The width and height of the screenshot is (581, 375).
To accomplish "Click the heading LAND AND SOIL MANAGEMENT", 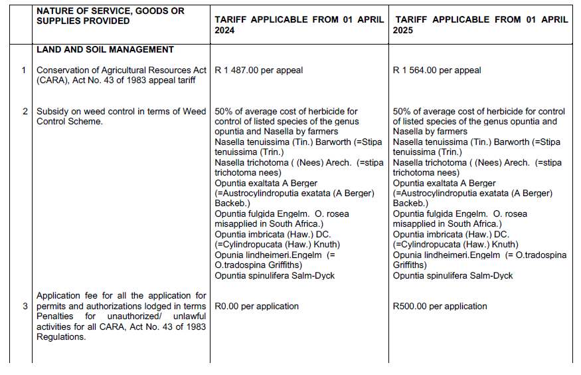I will coord(105,50).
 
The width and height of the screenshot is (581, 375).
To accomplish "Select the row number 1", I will coord(23,70).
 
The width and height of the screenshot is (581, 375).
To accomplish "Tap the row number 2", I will coord(23,112).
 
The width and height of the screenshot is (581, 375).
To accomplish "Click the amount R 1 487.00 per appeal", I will coord(258,70).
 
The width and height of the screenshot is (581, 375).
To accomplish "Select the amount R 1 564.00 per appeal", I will coord(437,70).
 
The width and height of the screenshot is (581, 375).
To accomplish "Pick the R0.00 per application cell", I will coord(256,307).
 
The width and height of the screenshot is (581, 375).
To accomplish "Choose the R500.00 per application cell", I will coord(440,307).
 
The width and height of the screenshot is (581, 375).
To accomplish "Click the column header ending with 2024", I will coord(299,25).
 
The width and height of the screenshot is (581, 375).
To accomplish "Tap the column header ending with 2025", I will coord(480,25).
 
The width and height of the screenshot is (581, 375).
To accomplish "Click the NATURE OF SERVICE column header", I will coord(110,16).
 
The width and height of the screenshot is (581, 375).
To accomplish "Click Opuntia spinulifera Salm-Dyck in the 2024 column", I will coord(275,275).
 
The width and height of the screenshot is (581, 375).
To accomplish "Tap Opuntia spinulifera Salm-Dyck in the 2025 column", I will coord(453,275).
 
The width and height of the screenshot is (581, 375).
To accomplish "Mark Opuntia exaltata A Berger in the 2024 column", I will coord(266,184).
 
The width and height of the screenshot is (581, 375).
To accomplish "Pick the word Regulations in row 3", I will coord(61,337).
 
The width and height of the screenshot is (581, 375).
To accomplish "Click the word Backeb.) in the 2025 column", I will coord(410,203).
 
